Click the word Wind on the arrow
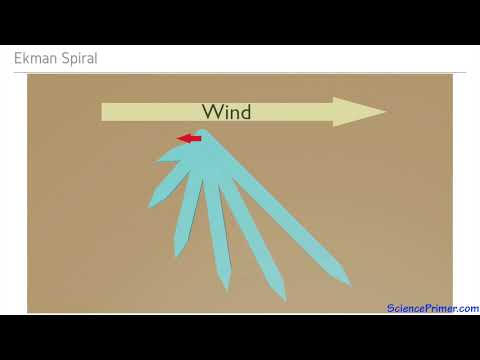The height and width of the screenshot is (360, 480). click(x=226, y=111)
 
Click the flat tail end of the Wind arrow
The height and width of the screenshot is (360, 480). click(x=104, y=111)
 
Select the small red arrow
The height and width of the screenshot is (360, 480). click(x=189, y=138)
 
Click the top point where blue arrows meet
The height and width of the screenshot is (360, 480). click(x=204, y=132)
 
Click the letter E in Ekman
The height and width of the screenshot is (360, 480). click(x=18, y=59)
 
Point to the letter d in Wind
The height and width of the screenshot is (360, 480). click(x=245, y=111)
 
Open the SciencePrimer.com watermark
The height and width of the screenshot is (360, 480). click(x=432, y=308)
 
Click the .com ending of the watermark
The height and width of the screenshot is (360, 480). click(x=466, y=308)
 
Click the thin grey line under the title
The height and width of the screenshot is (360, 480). click(x=240, y=72)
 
